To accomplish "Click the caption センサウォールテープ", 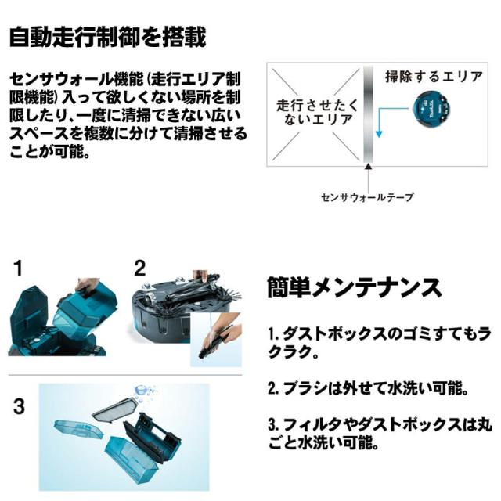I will pyautogui.click(x=366, y=197).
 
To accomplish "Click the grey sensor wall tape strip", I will pyautogui.click(x=366, y=114).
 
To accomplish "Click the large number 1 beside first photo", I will pyautogui.click(x=17, y=270).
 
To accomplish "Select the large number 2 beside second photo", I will pyautogui.click(x=139, y=270).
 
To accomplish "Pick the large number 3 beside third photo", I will pyautogui.click(x=18, y=407).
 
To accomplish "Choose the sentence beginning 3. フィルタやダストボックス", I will pyautogui.click(x=377, y=434).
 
